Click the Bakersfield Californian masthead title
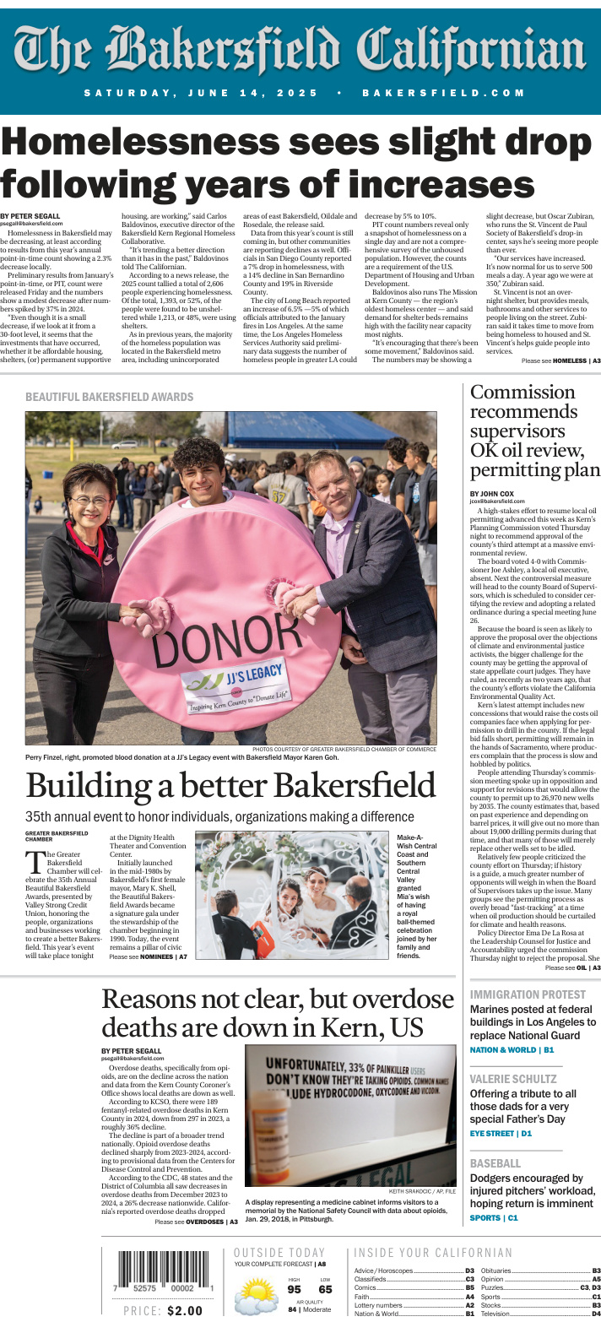300,48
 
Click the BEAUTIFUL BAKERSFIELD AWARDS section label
109,397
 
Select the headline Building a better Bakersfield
230,785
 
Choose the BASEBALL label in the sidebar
495,1163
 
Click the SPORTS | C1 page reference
494,1218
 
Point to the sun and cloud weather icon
256,1295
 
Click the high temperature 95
294,1290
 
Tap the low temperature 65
325,1290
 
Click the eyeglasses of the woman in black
89,501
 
